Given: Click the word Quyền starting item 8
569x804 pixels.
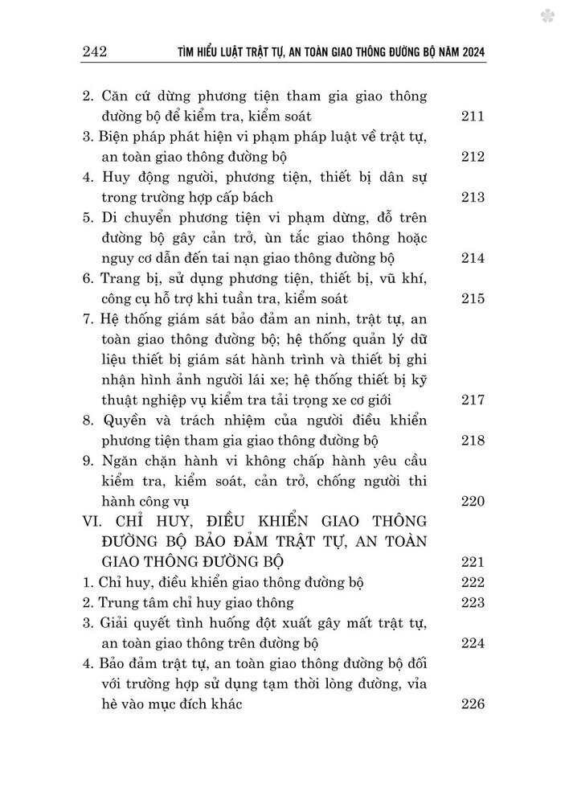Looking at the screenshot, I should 125,420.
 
